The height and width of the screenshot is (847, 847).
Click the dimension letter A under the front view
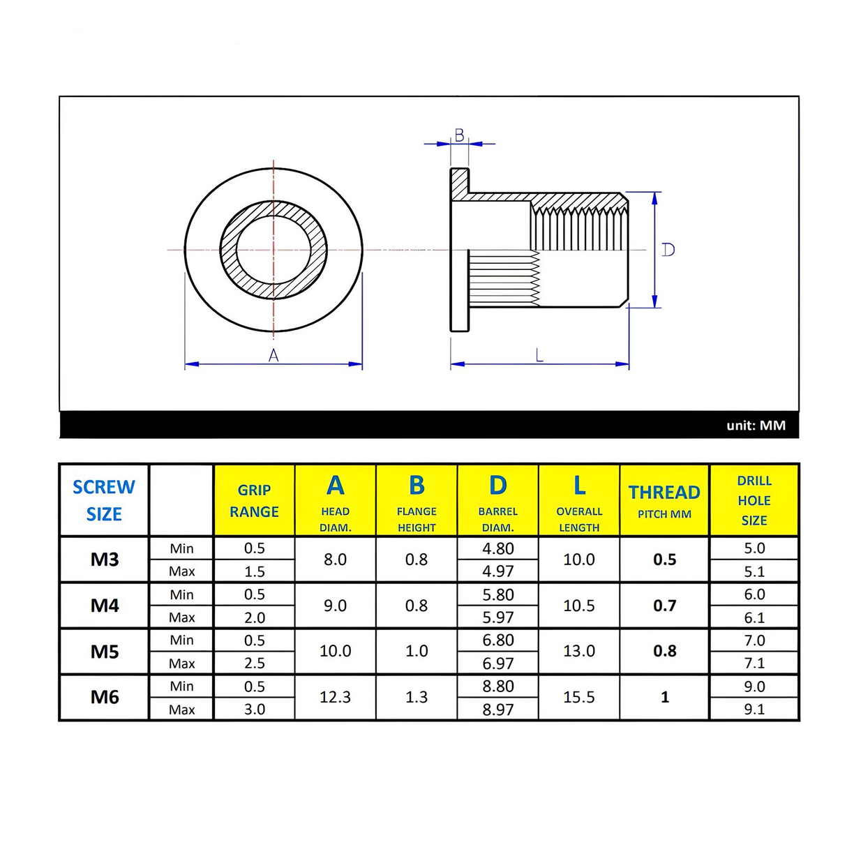click(273, 356)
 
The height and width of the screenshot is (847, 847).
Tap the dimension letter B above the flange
click(459, 135)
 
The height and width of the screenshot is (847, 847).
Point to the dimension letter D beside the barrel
click(668, 250)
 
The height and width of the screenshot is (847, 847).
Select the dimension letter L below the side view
click(539, 355)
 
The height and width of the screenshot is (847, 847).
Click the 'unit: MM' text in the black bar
click(756, 426)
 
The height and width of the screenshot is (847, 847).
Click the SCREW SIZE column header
click(104, 500)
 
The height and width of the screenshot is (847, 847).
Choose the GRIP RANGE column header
click(254, 501)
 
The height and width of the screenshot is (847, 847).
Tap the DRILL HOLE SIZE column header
click(754, 500)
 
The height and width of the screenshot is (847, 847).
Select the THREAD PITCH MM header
click(664, 501)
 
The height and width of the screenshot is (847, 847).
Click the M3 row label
click(105, 560)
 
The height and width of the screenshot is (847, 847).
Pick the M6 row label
click(105, 697)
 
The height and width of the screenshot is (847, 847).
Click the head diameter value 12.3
click(335, 697)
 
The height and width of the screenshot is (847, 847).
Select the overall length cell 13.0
click(579, 651)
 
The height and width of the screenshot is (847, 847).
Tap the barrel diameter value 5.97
click(498, 617)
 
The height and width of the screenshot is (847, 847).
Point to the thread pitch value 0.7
click(664, 606)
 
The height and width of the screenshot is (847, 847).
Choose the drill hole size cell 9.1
click(754, 709)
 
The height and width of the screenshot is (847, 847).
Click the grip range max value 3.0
click(254, 709)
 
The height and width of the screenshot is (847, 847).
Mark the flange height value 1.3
click(417, 697)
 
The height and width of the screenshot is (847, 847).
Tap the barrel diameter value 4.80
click(498, 548)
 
